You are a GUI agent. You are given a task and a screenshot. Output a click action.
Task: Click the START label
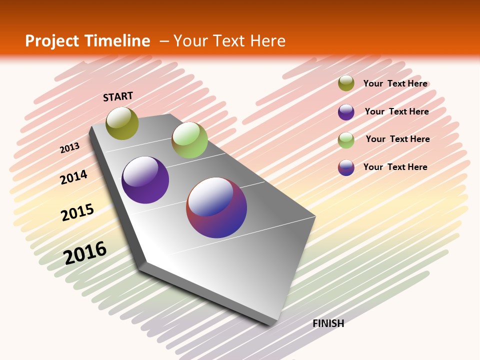pos(118,96)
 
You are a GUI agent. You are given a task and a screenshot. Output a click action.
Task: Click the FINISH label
pos(328,323)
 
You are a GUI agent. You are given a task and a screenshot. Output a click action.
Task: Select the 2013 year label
pos(69,148)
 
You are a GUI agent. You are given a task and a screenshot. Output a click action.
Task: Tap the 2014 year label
pos(73,177)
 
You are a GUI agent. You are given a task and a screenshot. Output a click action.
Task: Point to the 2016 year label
pos(85,253)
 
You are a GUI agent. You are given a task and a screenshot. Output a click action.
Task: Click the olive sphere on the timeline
pos(122,123)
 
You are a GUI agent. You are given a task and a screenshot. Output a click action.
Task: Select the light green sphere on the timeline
pos(189,140)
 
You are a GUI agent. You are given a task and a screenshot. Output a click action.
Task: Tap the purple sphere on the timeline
pos(145,180)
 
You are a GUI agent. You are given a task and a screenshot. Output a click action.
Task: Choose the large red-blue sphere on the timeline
pos(216,207)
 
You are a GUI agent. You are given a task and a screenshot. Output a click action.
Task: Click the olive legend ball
pos(346,83)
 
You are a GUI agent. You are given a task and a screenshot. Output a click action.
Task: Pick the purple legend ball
pos(346,112)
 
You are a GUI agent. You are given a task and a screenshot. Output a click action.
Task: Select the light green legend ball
pos(346,140)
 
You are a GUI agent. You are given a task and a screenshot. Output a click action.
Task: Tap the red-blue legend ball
pos(346,167)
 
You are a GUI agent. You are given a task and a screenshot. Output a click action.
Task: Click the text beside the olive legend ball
pos(395,83)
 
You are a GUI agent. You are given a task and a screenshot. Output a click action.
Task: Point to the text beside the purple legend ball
pos(396,111)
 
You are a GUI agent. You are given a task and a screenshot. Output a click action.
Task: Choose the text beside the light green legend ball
pos(397,139)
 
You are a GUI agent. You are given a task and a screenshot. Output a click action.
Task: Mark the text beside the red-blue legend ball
pos(395,167)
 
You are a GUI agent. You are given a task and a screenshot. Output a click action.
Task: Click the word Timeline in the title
pos(118,41)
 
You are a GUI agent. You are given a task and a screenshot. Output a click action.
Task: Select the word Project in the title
pos(51,41)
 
